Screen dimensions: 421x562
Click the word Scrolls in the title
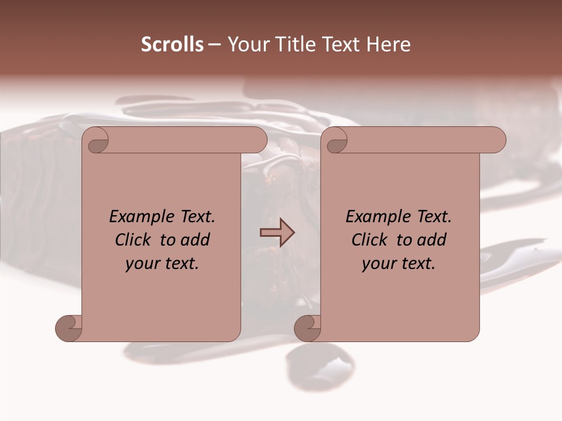(172, 44)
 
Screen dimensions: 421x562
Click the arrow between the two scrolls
(277, 233)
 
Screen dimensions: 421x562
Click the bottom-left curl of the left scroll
(69, 329)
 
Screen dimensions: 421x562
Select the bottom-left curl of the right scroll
(307, 329)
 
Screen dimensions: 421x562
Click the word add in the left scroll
(194, 240)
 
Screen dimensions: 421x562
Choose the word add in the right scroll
(431, 240)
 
